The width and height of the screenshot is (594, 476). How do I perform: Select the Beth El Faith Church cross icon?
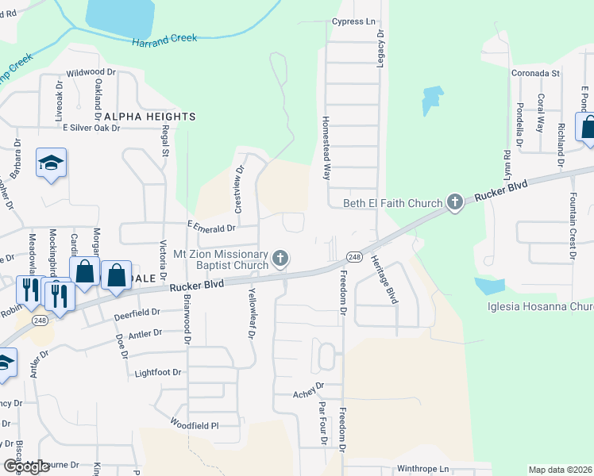tap(454, 202)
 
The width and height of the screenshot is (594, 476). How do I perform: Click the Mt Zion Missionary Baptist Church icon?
tap(280, 259)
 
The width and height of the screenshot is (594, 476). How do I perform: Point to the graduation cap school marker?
tap(52, 163)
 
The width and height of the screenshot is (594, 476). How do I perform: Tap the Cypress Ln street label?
tap(353, 21)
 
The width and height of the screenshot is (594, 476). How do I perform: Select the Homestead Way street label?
tap(325, 148)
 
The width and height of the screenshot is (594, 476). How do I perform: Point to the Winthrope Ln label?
tap(423, 469)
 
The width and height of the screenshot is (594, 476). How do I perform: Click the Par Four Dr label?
tap(322, 424)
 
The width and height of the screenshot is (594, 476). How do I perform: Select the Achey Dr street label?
tap(309, 390)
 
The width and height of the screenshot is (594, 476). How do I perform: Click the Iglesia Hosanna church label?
tap(541, 307)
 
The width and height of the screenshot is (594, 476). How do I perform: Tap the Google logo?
tap(26, 466)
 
